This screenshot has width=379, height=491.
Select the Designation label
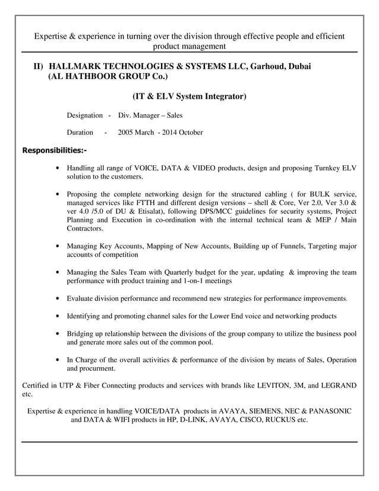pyautogui.click(x=84, y=115)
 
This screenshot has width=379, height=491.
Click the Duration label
pyautogui.click(x=80, y=133)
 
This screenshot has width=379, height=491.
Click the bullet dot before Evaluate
pyautogui.click(x=57, y=298)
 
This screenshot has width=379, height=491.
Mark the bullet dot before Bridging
pyautogui.click(x=57, y=334)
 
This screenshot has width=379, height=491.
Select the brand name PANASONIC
pyautogui.click(x=328, y=411)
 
